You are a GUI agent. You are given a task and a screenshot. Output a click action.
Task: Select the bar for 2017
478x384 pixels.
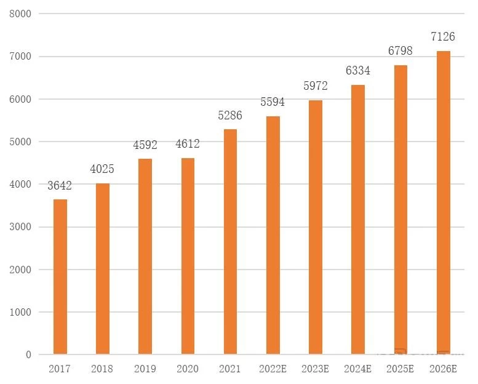pos(60,277)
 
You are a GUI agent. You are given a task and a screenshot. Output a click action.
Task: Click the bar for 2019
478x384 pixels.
pos(145,257)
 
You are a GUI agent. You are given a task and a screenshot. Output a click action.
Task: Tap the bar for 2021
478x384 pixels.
pos(230,242)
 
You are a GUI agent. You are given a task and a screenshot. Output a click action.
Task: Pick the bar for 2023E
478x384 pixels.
pos(316,227)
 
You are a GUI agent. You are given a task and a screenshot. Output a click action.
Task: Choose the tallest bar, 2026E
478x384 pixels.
pos(444,202)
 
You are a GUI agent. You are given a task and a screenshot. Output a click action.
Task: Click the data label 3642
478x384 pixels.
pos(60,186)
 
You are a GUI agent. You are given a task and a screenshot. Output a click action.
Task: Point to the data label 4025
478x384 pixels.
pos(103,169)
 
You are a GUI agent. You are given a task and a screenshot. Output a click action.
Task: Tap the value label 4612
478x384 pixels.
pos(188,145)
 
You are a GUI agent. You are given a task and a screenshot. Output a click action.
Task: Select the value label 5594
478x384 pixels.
pos(273,102)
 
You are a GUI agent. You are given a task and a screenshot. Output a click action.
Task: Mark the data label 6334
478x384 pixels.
pos(358,71)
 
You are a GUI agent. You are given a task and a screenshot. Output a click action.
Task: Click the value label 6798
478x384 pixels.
pos(400,51)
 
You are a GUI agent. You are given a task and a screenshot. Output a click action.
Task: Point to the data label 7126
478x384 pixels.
pos(443,37)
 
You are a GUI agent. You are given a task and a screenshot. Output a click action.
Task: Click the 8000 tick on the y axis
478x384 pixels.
pos(20,14)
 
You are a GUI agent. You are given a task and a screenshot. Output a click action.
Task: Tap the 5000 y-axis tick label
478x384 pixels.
pos(20,142)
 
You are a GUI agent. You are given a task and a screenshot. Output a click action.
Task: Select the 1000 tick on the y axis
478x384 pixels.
pos(20,312)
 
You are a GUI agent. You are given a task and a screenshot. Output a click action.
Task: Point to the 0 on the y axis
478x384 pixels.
pos(28,355)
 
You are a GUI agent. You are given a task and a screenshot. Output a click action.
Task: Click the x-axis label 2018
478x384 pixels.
pos(103,369)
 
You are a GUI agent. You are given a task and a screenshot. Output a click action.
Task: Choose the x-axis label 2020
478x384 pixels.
pos(188,369)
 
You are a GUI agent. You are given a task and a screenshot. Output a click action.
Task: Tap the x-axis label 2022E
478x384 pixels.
pos(273,369)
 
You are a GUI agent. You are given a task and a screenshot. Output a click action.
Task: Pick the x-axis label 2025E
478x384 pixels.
pos(400,369)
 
